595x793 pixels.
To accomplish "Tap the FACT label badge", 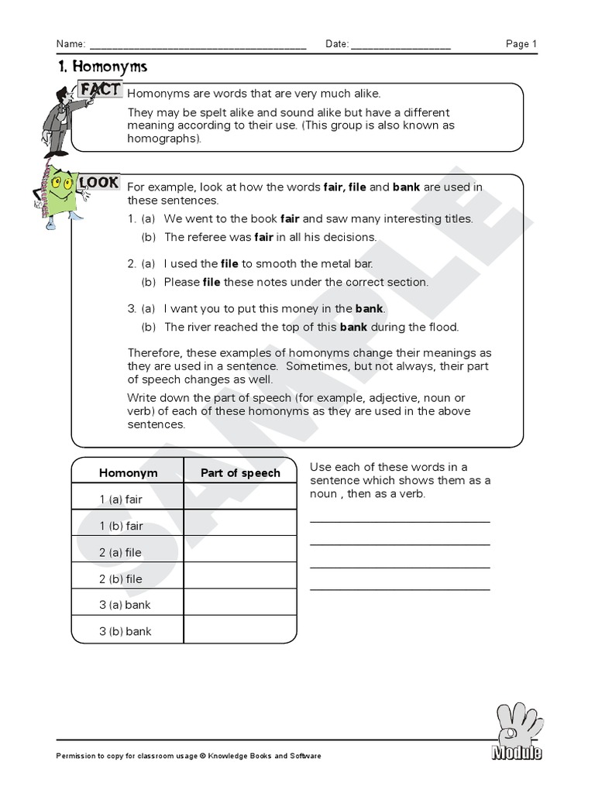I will [101, 90].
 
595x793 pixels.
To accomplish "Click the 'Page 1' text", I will [521, 44].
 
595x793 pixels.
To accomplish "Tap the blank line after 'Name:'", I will [198, 46].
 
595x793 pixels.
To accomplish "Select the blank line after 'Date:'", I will [401, 46].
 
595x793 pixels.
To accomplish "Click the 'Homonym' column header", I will [128, 472].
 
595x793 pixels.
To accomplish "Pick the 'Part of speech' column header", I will [240, 472].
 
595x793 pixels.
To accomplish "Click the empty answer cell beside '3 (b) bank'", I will [240, 631].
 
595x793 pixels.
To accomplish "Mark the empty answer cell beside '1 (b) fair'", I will [240, 526].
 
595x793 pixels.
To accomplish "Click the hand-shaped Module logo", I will [516, 732].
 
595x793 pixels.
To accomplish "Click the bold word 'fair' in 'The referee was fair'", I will [264, 238].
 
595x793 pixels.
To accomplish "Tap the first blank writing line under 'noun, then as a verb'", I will [400, 520].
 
